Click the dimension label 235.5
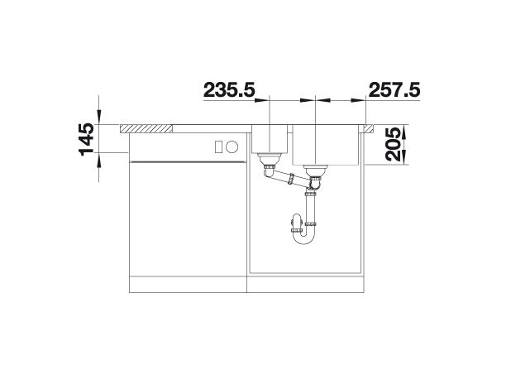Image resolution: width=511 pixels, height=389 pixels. tap(229, 89)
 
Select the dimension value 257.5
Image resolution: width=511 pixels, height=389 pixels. tap(394, 89)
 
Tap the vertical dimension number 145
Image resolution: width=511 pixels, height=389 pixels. tap(86, 139)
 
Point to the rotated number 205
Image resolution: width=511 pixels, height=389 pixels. tap(393, 144)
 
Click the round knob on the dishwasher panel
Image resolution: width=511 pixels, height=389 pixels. tap(232, 146)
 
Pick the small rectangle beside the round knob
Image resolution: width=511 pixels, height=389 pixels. tap(218, 146)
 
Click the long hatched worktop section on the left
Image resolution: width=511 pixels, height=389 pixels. tap(146, 128)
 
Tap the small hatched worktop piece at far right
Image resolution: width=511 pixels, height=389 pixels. tap(369, 128)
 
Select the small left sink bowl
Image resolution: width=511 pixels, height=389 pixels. tap(270, 139)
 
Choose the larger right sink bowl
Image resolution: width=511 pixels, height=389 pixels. tap(326, 145)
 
